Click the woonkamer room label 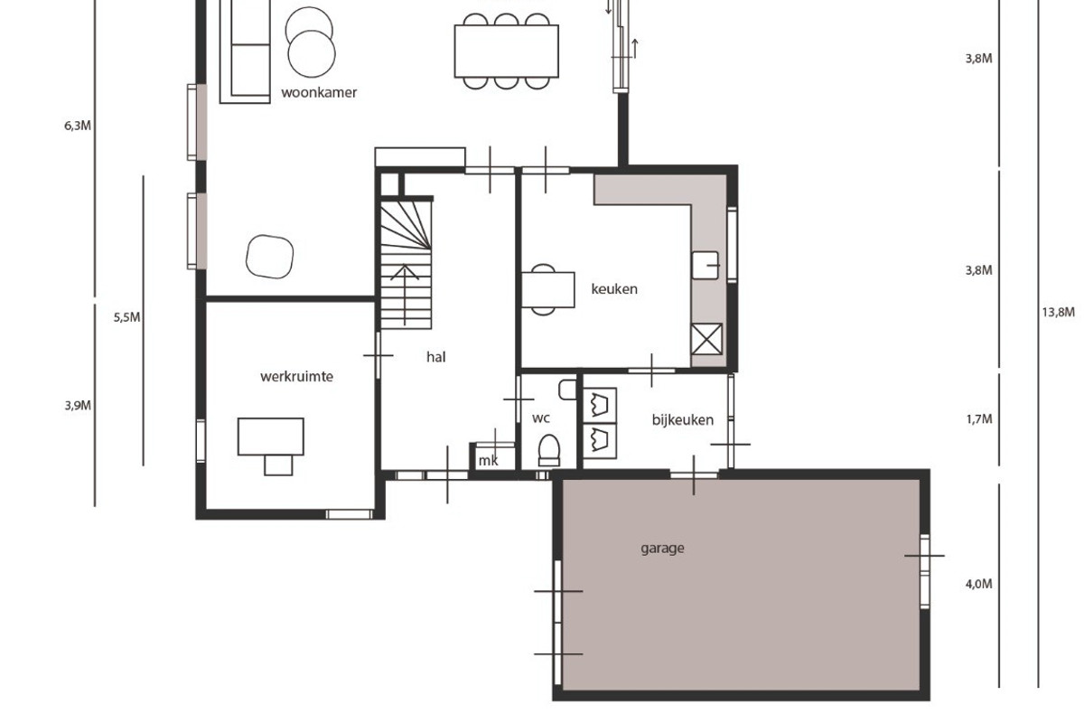[319, 92]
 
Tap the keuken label [614, 289]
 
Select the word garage [662, 549]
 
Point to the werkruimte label [296, 376]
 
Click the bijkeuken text [683, 419]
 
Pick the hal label [436, 357]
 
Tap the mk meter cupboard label [488, 461]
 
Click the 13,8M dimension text [1059, 313]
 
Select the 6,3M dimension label [78, 126]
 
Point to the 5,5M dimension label [126, 318]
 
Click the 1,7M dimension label [979, 419]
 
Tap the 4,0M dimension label [979, 585]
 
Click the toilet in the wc [549, 450]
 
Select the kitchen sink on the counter [706, 266]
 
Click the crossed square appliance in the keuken [706, 339]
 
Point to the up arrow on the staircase [405, 295]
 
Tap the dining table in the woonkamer [506, 52]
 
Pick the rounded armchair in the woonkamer [269, 257]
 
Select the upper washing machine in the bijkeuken [600, 405]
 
